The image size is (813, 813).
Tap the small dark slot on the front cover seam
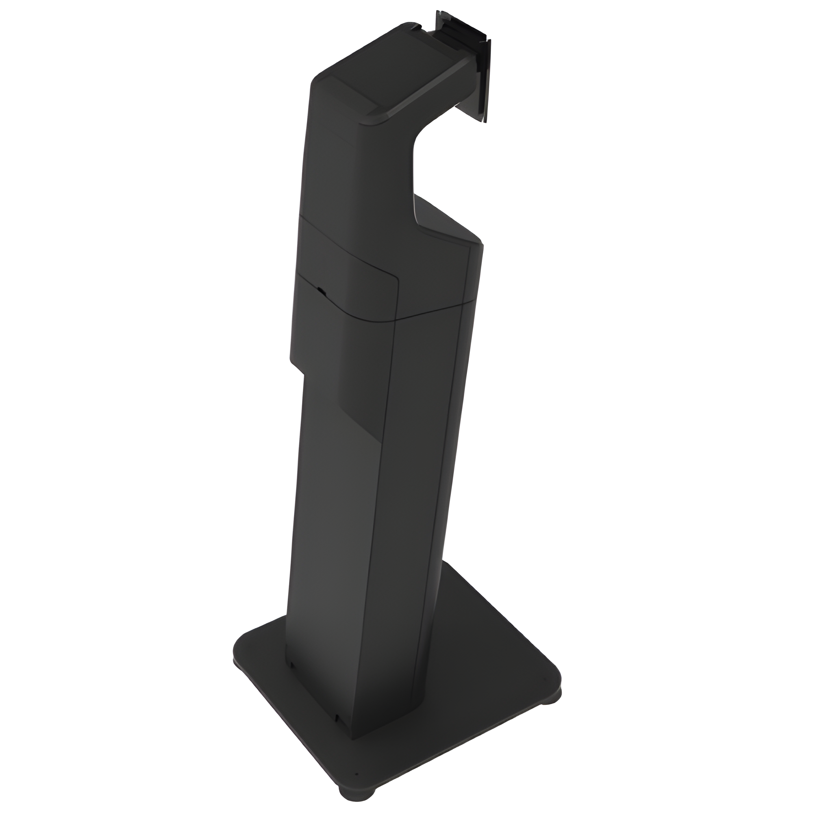pos(321,290)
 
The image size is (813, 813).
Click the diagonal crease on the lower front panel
pos(362,421)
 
